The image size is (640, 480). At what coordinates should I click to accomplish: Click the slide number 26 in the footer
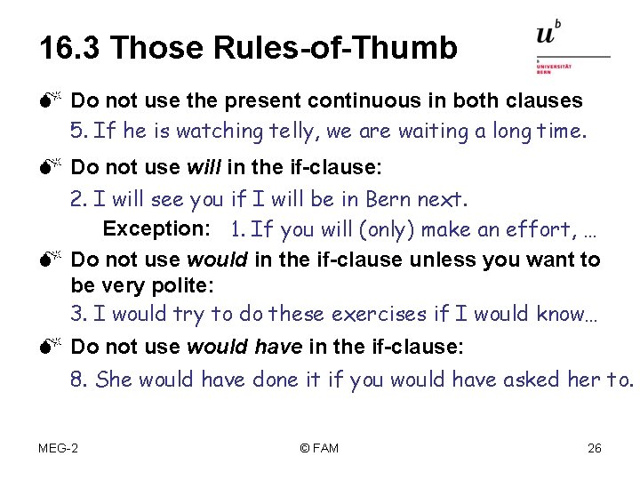click(x=595, y=448)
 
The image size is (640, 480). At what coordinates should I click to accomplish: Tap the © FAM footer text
click(x=320, y=448)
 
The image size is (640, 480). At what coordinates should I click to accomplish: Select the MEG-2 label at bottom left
click(x=58, y=448)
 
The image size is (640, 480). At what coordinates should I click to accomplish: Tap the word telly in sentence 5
click(x=290, y=132)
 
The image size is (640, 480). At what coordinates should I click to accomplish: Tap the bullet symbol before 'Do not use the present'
click(x=49, y=101)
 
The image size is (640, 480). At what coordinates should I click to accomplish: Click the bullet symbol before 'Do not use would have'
click(x=49, y=346)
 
